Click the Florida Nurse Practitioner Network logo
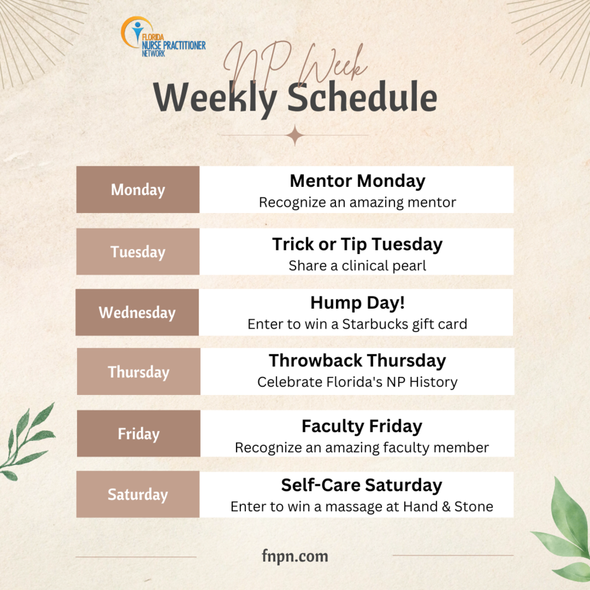(163, 37)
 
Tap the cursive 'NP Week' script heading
(296, 65)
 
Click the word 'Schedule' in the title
(362, 97)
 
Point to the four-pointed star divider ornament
(295, 135)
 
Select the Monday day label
(138, 189)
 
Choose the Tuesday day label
(138, 252)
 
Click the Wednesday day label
(137, 312)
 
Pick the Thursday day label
(139, 372)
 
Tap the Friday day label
(139, 433)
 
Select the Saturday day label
(138, 494)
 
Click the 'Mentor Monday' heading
(358, 181)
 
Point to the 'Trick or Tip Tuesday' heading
(358, 245)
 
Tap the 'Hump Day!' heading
(358, 303)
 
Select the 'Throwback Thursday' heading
(358, 361)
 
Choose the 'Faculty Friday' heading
(362, 427)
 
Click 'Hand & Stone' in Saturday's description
(448, 506)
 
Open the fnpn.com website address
(295, 556)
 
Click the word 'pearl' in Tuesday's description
(409, 266)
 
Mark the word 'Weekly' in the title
(216, 99)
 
